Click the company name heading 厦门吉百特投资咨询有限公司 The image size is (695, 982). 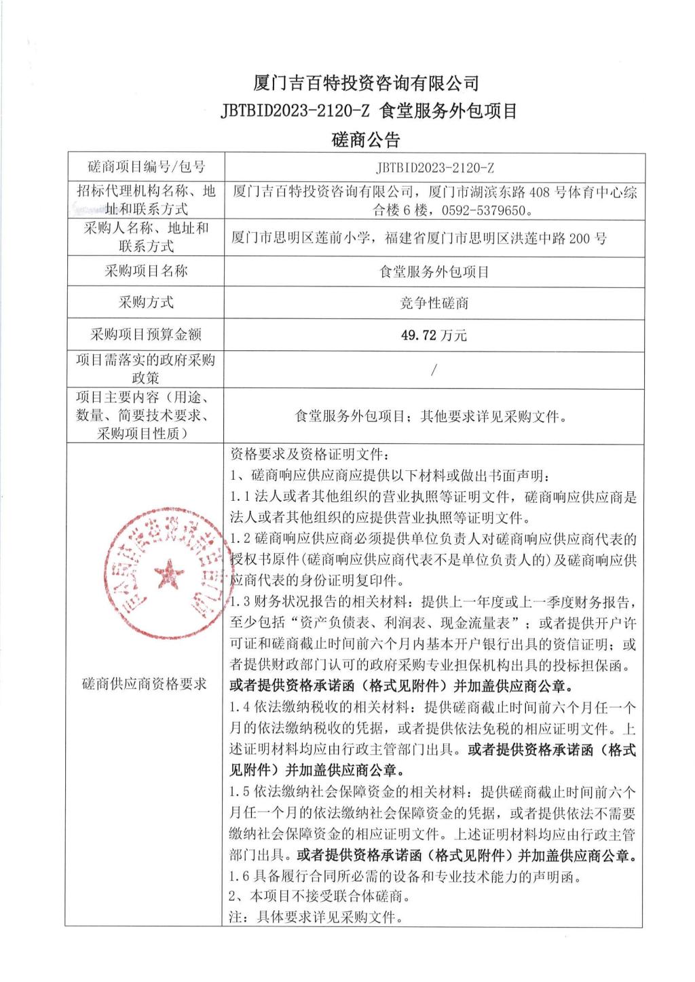coord(366,83)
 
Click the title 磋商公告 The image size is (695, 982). coord(366,140)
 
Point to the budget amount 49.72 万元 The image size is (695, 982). coord(434,335)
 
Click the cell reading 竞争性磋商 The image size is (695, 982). coord(434,303)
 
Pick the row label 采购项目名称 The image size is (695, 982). coord(146,271)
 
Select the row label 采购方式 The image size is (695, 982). coord(146,303)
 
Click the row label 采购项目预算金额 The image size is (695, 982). coord(146,335)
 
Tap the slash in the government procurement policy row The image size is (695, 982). coord(434,370)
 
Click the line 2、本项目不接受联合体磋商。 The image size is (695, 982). coord(320,896)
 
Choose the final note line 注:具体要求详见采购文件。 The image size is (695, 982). coord(316,918)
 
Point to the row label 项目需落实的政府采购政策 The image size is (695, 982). coord(145,369)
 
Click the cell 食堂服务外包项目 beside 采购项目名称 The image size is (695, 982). coord(434,271)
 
